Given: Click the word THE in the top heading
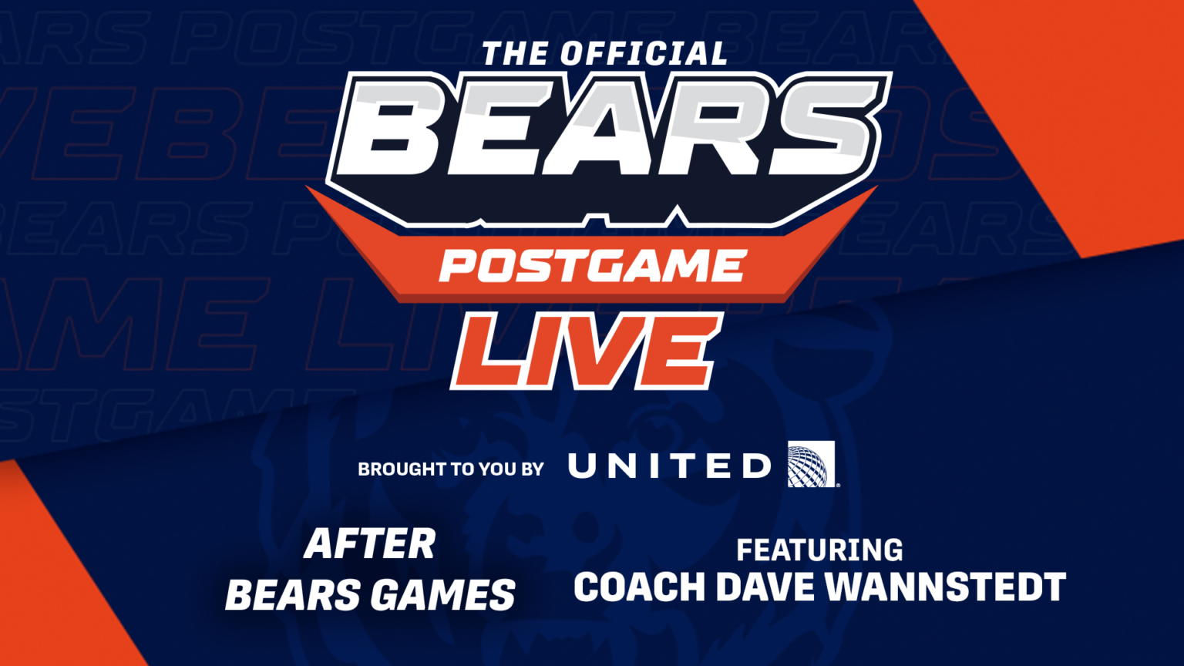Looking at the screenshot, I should (x=516, y=55).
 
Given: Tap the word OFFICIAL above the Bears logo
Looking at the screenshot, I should (x=644, y=54).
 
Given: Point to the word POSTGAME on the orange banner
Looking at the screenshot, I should (x=591, y=267).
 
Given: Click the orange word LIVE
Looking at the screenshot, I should (x=586, y=351).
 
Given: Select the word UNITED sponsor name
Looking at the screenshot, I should (x=669, y=466).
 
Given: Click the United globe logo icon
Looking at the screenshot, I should (x=811, y=464).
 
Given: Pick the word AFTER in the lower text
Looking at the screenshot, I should (x=370, y=544).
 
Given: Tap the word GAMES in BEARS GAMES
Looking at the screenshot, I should (x=442, y=595).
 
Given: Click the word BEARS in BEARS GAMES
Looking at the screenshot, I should (x=293, y=595).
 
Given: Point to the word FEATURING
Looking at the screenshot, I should (x=819, y=550).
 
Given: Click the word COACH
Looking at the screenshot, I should (x=640, y=587).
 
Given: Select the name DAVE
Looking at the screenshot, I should (x=766, y=587).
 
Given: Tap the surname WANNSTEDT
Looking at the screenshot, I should (x=945, y=587).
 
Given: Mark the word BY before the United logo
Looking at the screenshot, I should (x=532, y=469).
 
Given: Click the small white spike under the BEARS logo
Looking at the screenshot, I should (x=676, y=214).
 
